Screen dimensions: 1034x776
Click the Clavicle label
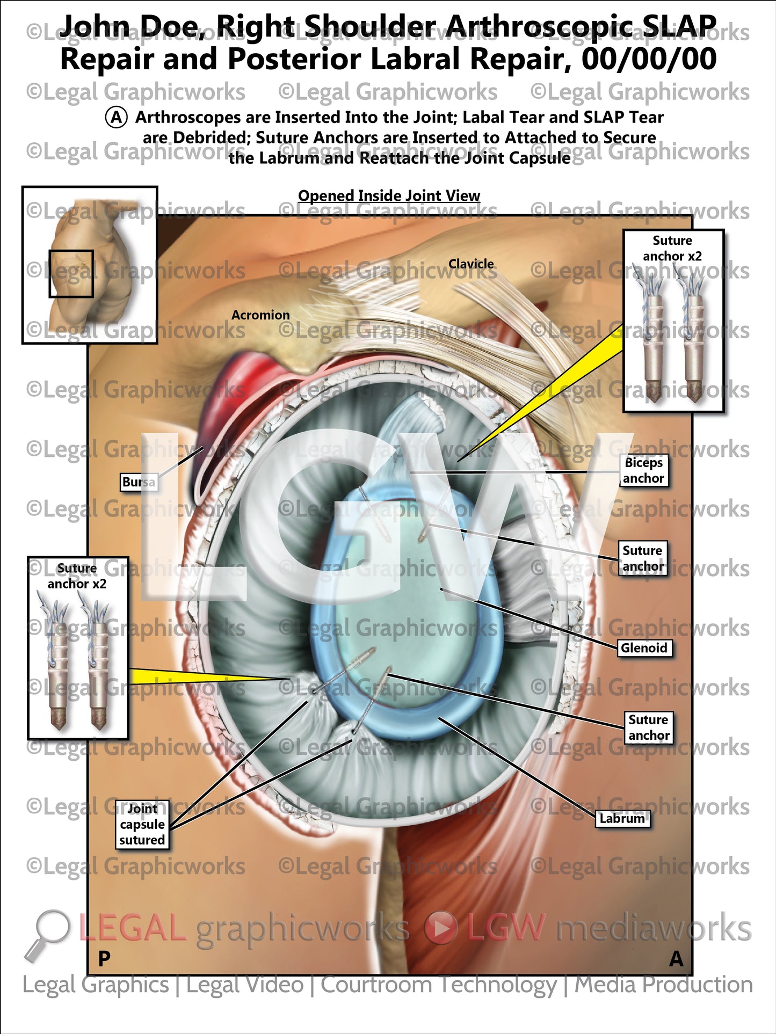click(x=471, y=264)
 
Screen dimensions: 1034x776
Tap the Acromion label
click(x=260, y=315)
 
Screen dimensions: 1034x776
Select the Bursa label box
click(x=139, y=482)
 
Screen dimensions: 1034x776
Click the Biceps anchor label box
click(x=643, y=470)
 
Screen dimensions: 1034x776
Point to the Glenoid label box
click(x=644, y=648)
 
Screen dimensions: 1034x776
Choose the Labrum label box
click(x=622, y=818)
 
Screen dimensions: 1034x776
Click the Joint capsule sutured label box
click(x=142, y=824)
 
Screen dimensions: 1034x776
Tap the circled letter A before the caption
click(x=117, y=117)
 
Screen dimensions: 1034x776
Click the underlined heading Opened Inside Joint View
click(x=389, y=195)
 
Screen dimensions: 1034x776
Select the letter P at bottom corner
click(x=104, y=958)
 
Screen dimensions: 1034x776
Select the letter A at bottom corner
click(x=676, y=958)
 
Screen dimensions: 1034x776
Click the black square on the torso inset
click(x=71, y=273)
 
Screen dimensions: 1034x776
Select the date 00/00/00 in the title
click(x=649, y=59)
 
